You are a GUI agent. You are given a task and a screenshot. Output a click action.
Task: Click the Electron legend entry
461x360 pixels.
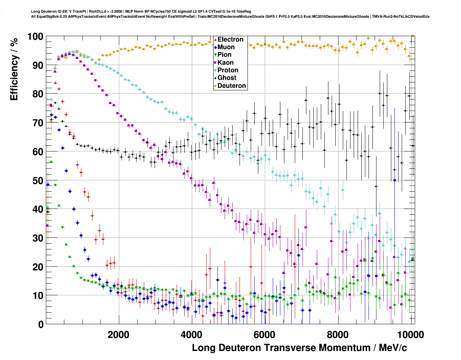coord(230,40)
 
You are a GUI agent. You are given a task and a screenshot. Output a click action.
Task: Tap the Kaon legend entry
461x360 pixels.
coord(225,63)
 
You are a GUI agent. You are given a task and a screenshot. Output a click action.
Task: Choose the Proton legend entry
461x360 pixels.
coord(228,70)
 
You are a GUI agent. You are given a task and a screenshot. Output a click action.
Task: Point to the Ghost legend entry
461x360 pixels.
coord(227,78)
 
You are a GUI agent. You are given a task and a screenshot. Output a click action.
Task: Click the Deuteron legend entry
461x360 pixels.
coord(231,86)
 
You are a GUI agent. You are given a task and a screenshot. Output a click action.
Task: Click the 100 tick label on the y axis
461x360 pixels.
coord(35,37)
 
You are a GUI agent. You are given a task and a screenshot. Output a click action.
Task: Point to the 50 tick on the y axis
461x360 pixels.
coord(38,181)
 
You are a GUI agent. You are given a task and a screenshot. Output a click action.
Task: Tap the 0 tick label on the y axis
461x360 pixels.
coord(40,325)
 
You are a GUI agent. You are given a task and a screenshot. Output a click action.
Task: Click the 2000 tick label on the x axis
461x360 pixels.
coord(119,335)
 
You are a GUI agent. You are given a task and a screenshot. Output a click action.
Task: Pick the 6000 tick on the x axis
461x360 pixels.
coord(264,335)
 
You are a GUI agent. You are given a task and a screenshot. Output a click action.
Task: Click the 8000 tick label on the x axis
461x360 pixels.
coord(337,335)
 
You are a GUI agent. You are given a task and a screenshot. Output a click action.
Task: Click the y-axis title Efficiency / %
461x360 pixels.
coord(14,69)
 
